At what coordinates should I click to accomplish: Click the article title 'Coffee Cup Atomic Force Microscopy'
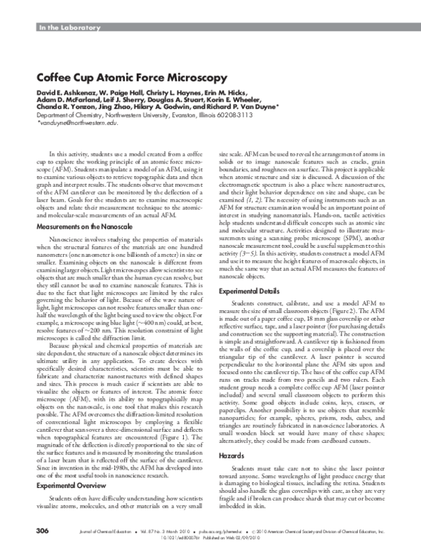[131, 77]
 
